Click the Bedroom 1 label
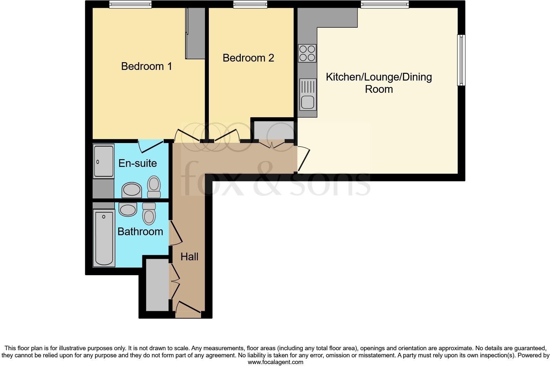coord(146,66)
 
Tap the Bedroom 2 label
coord(248,58)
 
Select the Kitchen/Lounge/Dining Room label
coord(379,83)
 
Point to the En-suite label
coord(137,163)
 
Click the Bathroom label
coord(140,232)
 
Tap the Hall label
coord(189,257)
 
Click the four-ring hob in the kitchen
coord(307,53)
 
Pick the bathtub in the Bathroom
coord(104,238)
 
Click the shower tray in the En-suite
coord(104,161)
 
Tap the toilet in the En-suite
coord(154,187)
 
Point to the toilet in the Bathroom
coord(149,213)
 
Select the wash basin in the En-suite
coord(132,190)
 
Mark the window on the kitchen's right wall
coord(462,60)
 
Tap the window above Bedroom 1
coord(130,4)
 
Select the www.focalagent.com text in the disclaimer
coord(275,362)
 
